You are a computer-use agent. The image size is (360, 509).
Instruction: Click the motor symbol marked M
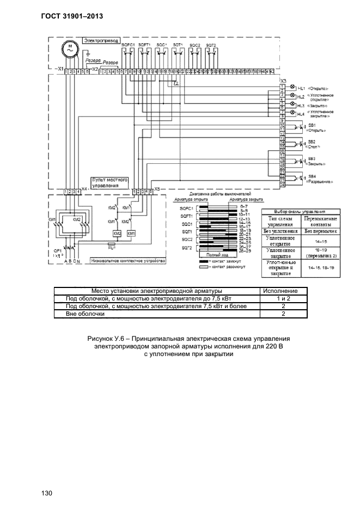69,48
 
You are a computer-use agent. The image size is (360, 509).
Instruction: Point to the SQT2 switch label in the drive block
211,44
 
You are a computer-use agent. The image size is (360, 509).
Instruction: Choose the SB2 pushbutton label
312,142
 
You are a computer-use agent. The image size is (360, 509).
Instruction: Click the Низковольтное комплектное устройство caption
128,261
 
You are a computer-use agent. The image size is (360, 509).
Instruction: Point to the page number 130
46,493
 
